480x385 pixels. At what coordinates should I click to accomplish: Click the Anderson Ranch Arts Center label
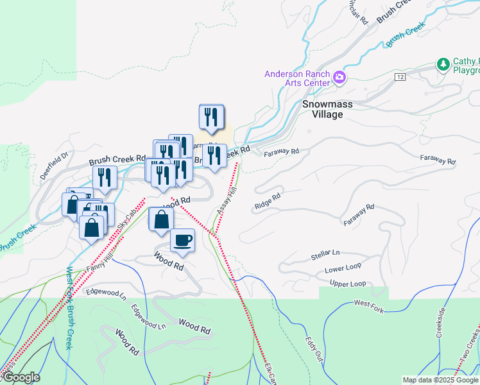pos(297,79)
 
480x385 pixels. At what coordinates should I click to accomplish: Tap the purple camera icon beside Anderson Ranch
pos(339,79)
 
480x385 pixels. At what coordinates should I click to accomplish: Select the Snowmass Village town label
pos(323,108)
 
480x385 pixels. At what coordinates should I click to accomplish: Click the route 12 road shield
pos(399,77)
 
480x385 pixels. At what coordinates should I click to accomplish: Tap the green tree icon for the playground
pos(443,64)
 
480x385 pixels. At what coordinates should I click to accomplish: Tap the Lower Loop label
pos(343,267)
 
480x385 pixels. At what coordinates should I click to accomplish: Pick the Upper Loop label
pos(348,283)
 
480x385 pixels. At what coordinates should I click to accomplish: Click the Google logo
pos(21,377)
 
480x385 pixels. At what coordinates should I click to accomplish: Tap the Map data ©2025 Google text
pos(440,380)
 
